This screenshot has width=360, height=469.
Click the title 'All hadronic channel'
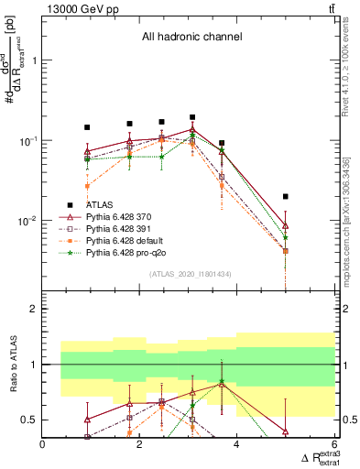[191, 38]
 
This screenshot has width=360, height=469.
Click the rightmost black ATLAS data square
[286, 196]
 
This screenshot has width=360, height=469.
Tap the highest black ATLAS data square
[192, 117]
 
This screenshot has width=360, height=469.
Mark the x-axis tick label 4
[237, 445]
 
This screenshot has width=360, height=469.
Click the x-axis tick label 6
[334, 445]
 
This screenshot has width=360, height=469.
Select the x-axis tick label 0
[43, 445]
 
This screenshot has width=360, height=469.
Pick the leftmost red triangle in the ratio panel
[87, 420]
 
